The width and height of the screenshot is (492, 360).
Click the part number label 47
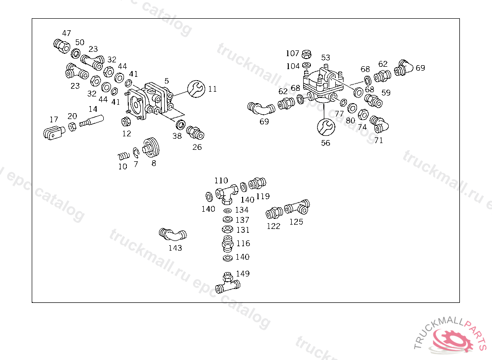point(66,33)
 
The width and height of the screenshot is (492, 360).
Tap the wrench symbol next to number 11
point(195,89)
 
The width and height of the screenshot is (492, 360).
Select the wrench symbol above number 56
point(325,127)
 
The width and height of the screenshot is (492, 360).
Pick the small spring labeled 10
point(124,156)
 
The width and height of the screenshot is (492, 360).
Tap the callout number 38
point(177,136)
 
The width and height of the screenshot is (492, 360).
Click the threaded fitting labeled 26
point(195,132)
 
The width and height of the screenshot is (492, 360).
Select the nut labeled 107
point(307,54)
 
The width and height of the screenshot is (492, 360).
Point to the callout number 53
point(326,58)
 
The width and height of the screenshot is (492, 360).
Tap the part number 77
point(339,114)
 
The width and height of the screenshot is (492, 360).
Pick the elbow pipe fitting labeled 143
point(172,235)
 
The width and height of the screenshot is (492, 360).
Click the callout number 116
point(243,244)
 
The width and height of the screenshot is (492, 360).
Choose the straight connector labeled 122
point(274,213)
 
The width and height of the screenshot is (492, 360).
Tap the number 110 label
point(221,180)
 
